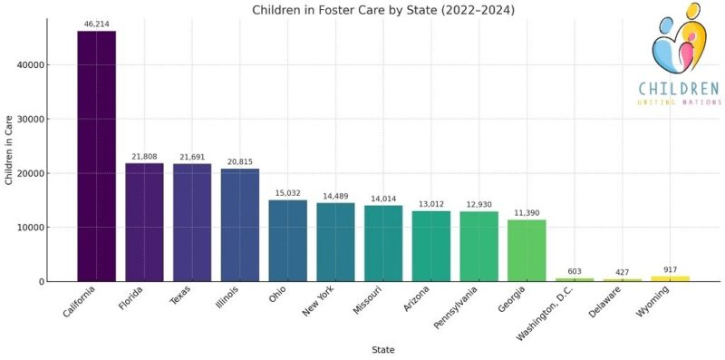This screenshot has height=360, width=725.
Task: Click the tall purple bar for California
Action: coord(96,156)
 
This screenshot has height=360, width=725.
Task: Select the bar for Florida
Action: coord(144,222)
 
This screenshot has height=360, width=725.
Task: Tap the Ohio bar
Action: coord(287,240)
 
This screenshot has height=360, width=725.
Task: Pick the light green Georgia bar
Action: coord(527,250)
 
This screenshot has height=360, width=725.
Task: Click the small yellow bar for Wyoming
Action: coord(670,278)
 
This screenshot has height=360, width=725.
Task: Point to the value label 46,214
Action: coord(96,23)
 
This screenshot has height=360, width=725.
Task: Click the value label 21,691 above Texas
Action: coord(192,156)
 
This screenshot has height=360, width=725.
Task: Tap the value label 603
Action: coord(575,270)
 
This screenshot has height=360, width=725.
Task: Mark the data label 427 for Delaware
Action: coord(622,271)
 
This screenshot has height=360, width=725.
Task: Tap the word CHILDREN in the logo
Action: coord(678,89)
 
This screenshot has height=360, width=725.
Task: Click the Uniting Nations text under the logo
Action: coord(678,102)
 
